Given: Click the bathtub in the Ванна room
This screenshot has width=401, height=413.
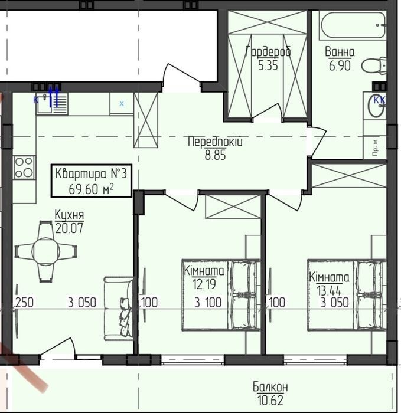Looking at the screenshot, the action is pyautogui.click(x=353, y=25).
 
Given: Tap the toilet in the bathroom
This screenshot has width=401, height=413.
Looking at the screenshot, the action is pyautogui.click(x=374, y=65).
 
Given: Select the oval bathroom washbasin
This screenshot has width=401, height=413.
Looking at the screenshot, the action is pyautogui.click(x=376, y=106).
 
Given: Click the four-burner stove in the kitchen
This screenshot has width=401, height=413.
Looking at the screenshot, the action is pyautogui.click(x=24, y=168).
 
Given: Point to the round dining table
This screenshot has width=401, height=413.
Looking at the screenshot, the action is pyautogui.click(x=45, y=251).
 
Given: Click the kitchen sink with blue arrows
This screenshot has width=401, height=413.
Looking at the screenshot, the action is pyautogui.click(x=51, y=103).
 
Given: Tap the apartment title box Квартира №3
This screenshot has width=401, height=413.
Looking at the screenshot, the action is pyautogui.click(x=91, y=181).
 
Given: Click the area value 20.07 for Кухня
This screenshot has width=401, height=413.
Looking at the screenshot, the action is pyautogui.click(x=69, y=228).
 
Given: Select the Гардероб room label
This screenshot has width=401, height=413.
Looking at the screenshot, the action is pyautogui.click(x=268, y=51).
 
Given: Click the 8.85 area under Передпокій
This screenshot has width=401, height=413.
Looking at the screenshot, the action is pyautogui.click(x=216, y=155).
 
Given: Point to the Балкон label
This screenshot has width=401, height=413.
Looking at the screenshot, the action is pyautogui.click(x=270, y=387).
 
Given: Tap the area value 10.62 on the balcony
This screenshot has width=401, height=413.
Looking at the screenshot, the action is pyautogui.click(x=270, y=401).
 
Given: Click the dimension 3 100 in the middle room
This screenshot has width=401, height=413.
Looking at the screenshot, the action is pyautogui.click(x=208, y=302).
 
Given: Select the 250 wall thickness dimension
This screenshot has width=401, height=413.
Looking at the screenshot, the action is pyautogui.click(x=25, y=302).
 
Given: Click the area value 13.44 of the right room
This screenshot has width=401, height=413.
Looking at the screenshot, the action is pyautogui.click(x=329, y=291).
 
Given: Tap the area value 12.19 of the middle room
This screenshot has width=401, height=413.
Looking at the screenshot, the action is pyautogui.click(x=204, y=284).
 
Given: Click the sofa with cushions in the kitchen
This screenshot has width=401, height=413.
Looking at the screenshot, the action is pyautogui.click(x=119, y=309).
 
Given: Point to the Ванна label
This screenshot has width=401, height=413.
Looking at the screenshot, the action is pyautogui.click(x=340, y=52).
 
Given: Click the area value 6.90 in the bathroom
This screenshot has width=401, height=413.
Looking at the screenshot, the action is pyautogui.click(x=340, y=65).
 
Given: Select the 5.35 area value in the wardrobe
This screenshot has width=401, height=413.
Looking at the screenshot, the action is pyautogui.click(x=268, y=65).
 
